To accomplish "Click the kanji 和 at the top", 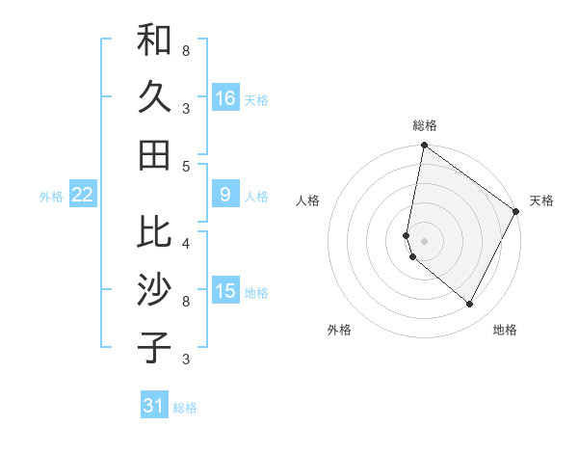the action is (x=154, y=41).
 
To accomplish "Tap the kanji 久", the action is (x=154, y=97).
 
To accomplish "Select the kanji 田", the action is (x=154, y=153).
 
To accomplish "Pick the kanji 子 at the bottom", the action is (x=154, y=348).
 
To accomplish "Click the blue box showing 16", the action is (x=225, y=97).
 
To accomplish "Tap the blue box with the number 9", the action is (x=225, y=195).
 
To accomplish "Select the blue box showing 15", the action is (x=225, y=292).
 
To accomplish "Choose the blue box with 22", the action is (x=83, y=195).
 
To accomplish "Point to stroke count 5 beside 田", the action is (x=186, y=166).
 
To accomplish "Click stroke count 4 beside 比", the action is (x=186, y=244).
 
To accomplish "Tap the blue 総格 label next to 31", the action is (x=185, y=408).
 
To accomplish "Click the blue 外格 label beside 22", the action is (x=51, y=197).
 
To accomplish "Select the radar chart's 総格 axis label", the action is (x=425, y=125).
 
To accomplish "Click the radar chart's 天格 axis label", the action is (x=541, y=200).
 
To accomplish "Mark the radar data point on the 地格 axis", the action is (x=470, y=305).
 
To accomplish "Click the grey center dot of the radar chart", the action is (x=425, y=239).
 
